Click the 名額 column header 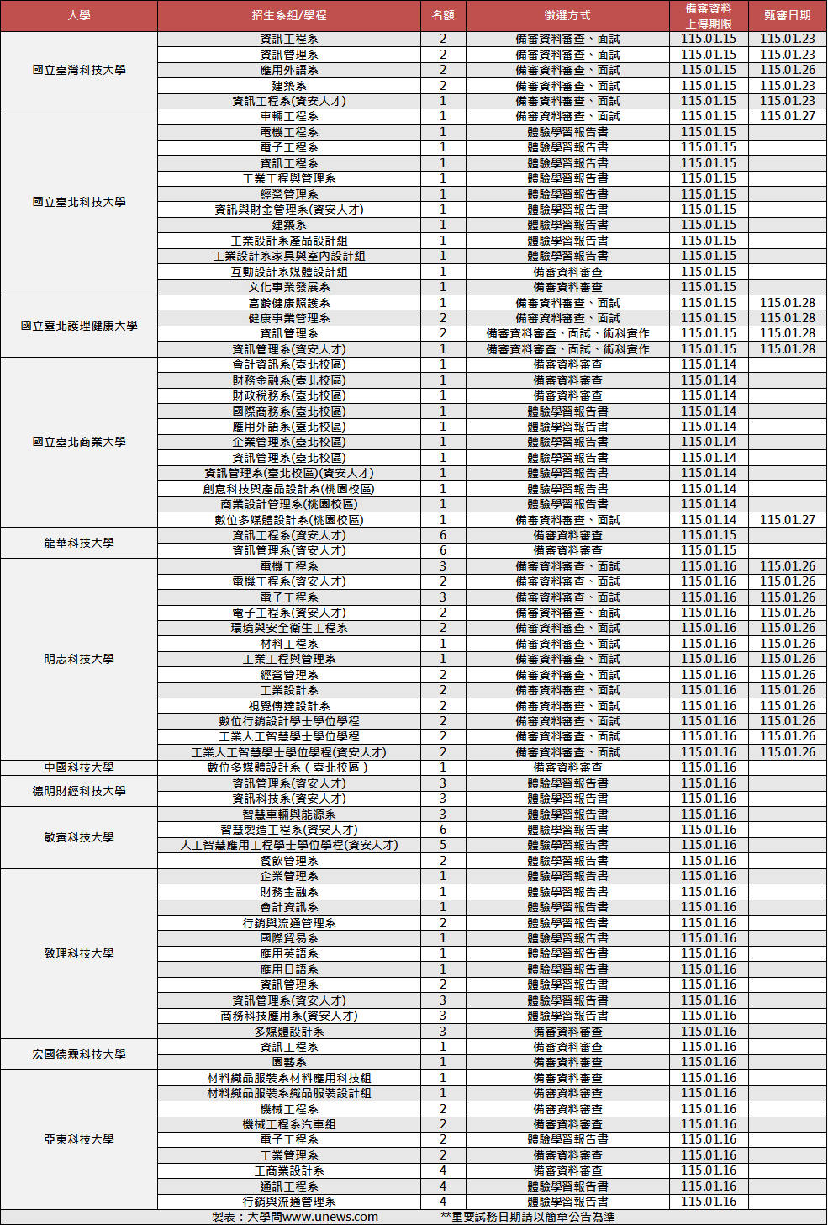pyautogui.click(x=443, y=16)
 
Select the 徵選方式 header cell pyautogui.click(x=567, y=16)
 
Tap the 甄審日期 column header pyautogui.click(x=788, y=16)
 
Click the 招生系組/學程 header pyautogui.click(x=289, y=16)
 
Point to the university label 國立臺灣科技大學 pyautogui.click(x=79, y=70)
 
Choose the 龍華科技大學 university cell pyautogui.click(x=79, y=543)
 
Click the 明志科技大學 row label pyautogui.click(x=79, y=659)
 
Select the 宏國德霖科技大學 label pyautogui.click(x=79, y=1054)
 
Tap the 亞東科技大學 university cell pyautogui.click(x=79, y=1139)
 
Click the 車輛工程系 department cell pyautogui.click(x=289, y=116)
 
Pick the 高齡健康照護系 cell pyautogui.click(x=289, y=303)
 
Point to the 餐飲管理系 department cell pyautogui.click(x=289, y=861)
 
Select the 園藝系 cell pyautogui.click(x=289, y=1062)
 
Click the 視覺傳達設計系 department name pyautogui.click(x=289, y=706)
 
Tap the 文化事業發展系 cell pyautogui.click(x=289, y=287)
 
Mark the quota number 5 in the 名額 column pyautogui.click(x=443, y=845)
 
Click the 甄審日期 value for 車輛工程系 pyautogui.click(x=788, y=116)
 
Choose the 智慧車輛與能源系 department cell pyautogui.click(x=289, y=815)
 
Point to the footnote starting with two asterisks pyautogui.click(x=527, y=1217)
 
